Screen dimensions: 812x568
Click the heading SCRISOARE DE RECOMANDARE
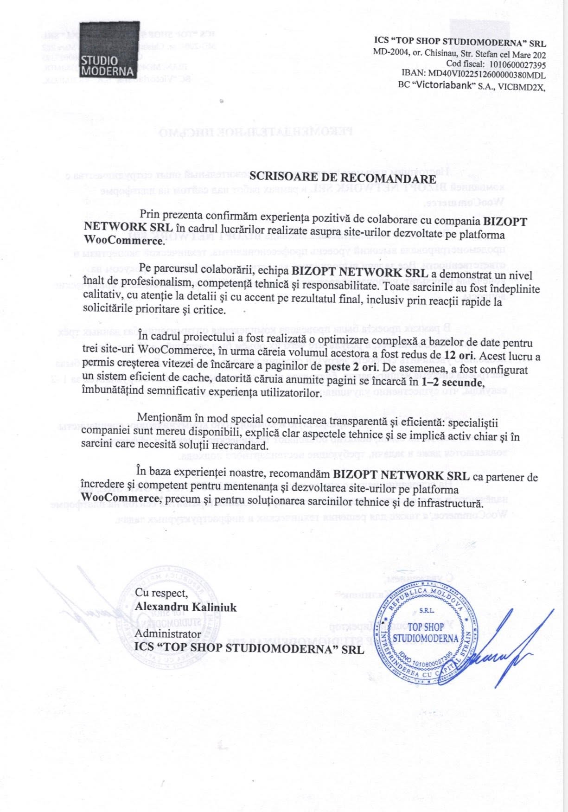pyautogui.click(x=343, y=178)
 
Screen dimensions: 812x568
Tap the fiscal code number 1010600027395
pyautogui.click(x=516, y=64)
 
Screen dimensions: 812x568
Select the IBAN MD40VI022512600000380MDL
pyautogui.click(x=486, y=75)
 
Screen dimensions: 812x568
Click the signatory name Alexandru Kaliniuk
pyautogui.click(x=185, y=607)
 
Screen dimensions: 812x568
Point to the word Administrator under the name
pyautogui.click(x=168, y=634)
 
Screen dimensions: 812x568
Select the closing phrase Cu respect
pyautogui.click(x=161, y=593)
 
